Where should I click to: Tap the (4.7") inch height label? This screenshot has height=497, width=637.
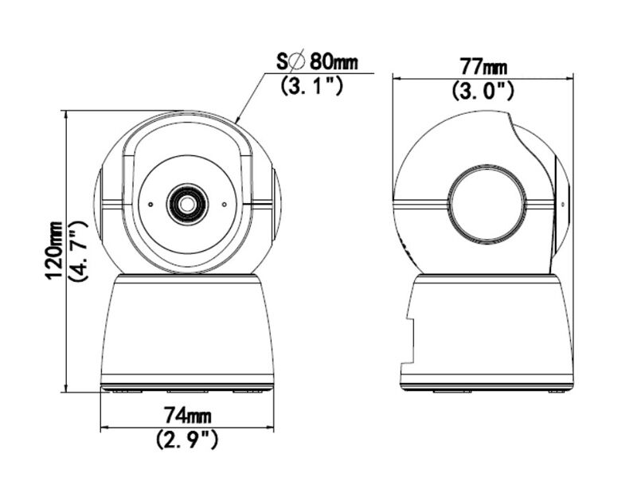tap(78, 250)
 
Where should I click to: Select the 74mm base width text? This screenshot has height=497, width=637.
tap(187, 415)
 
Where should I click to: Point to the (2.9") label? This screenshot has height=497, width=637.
tap(187, 439)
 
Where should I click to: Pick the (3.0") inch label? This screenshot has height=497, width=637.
tap(483, 91)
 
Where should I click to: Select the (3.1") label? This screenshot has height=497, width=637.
tap(313, 85)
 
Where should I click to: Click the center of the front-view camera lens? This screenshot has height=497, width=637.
tap(186, 204)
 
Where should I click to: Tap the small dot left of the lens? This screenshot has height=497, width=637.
tap(150, 204)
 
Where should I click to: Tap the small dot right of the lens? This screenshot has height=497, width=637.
tap(224, 204)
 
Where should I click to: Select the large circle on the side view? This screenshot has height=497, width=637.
tap(487, 204)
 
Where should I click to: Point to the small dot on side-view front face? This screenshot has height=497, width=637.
tap(563, 203)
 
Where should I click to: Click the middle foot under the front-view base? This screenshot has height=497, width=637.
tap(187, 390)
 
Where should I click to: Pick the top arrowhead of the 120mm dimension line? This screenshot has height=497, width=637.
tap(65, 115)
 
